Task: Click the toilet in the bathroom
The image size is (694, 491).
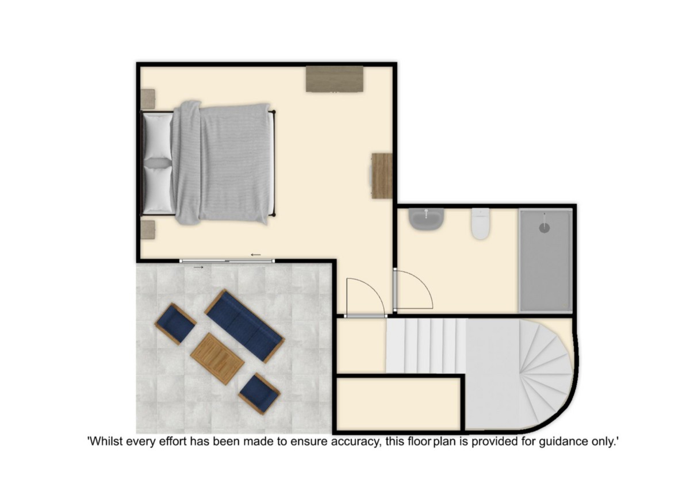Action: point(481,224)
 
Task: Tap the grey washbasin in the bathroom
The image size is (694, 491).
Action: point(426,219)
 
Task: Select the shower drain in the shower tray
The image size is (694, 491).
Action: point(545,228)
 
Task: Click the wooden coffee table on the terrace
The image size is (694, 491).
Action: point(217,359)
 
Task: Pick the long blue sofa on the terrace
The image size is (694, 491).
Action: point(244,325)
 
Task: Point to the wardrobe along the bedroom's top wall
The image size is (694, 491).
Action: point(335,79)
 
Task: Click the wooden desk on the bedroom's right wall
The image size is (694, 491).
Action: point(382,176)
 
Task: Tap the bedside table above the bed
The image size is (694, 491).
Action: point(148,99)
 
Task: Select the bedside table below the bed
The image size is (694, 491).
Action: point(148,229)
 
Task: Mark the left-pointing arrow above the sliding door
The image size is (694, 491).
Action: point(256,255)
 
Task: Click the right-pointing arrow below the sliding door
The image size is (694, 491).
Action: point(198,267)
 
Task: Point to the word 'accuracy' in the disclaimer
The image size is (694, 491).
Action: point(356,442)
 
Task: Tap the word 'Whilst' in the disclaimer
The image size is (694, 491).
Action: point(106,441)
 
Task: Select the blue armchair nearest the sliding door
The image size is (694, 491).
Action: point(175,324)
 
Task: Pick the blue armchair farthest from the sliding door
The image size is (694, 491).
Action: point(259,394)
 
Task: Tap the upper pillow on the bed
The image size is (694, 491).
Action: point(158,136)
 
